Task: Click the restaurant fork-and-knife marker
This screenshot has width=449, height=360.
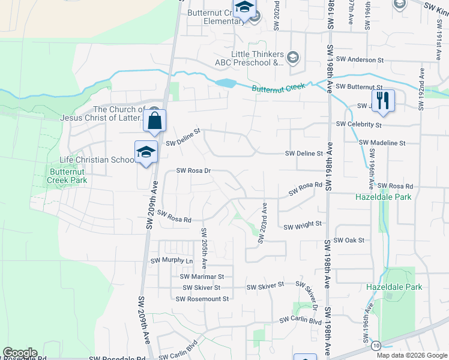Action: coord(382,100)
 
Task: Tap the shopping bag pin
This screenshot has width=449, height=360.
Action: coord(154,121)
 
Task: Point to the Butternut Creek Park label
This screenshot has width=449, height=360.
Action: coord(68,176)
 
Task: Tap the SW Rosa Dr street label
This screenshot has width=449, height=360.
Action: coord(194,170)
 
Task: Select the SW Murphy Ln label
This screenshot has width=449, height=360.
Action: coord(172,261)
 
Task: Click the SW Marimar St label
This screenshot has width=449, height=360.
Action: coord(202,277)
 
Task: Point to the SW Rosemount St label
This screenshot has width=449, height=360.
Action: coord(202,299)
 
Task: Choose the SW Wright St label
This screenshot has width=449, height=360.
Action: coord(303,226)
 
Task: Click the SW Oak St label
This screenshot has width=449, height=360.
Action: coord(349,240)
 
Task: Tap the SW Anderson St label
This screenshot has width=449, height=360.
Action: coord(360,60)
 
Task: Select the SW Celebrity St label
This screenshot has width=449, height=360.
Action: coord(359,124)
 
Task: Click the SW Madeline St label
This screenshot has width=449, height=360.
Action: coord(382,143)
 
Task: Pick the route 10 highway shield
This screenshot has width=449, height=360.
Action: coord(376,346)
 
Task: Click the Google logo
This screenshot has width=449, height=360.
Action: coord(20,353)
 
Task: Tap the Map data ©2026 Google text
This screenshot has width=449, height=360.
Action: coord(412,355)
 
